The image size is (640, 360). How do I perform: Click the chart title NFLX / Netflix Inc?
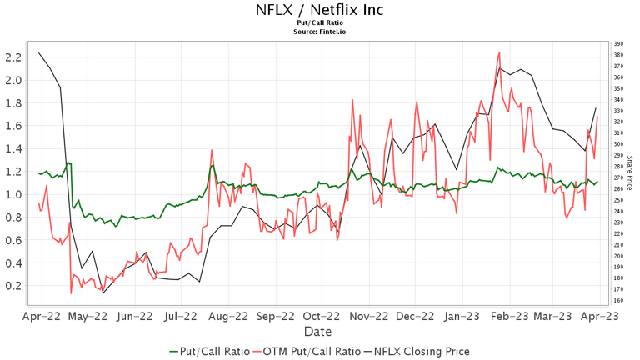click(320, 10)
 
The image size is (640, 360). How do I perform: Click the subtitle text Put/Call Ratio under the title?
click(320, 23)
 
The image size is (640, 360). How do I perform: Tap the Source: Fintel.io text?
click(320, 32)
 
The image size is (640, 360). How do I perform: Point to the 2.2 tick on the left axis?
click(12, 57)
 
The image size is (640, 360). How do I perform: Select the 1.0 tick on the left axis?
click(12, 194)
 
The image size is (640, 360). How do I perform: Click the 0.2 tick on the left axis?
click(12, 285)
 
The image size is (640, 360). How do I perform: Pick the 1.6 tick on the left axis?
click(12, 126)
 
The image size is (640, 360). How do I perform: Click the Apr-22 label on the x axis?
click(39, 317)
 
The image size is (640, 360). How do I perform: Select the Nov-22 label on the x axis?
click(369, 317)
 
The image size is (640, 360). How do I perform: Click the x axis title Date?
click(319, 332)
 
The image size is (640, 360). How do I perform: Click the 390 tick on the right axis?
click(617, 43)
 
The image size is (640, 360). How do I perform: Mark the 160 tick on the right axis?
click(617, 301)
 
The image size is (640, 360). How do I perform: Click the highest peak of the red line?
click(499, 52)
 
